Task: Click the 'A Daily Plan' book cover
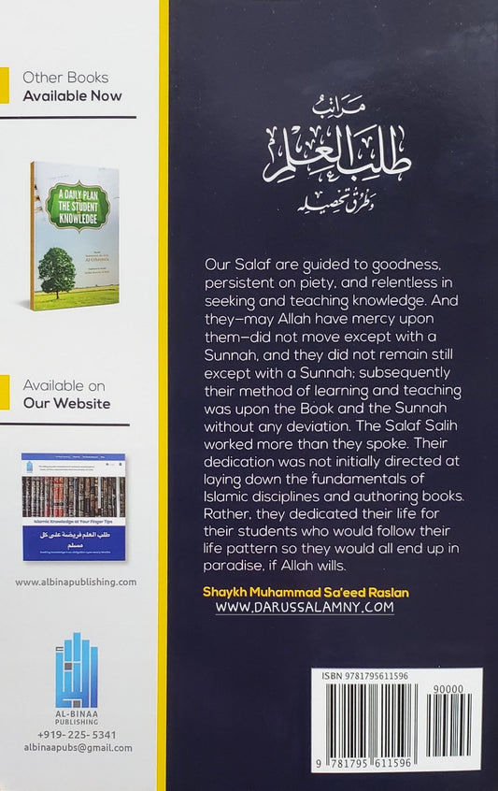pos(74,237)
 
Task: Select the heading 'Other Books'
pos(65,78)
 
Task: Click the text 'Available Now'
pos(72,95)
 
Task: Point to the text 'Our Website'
pos(66,404)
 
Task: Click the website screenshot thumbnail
pos(74,507)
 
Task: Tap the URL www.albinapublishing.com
pos(76,581)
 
